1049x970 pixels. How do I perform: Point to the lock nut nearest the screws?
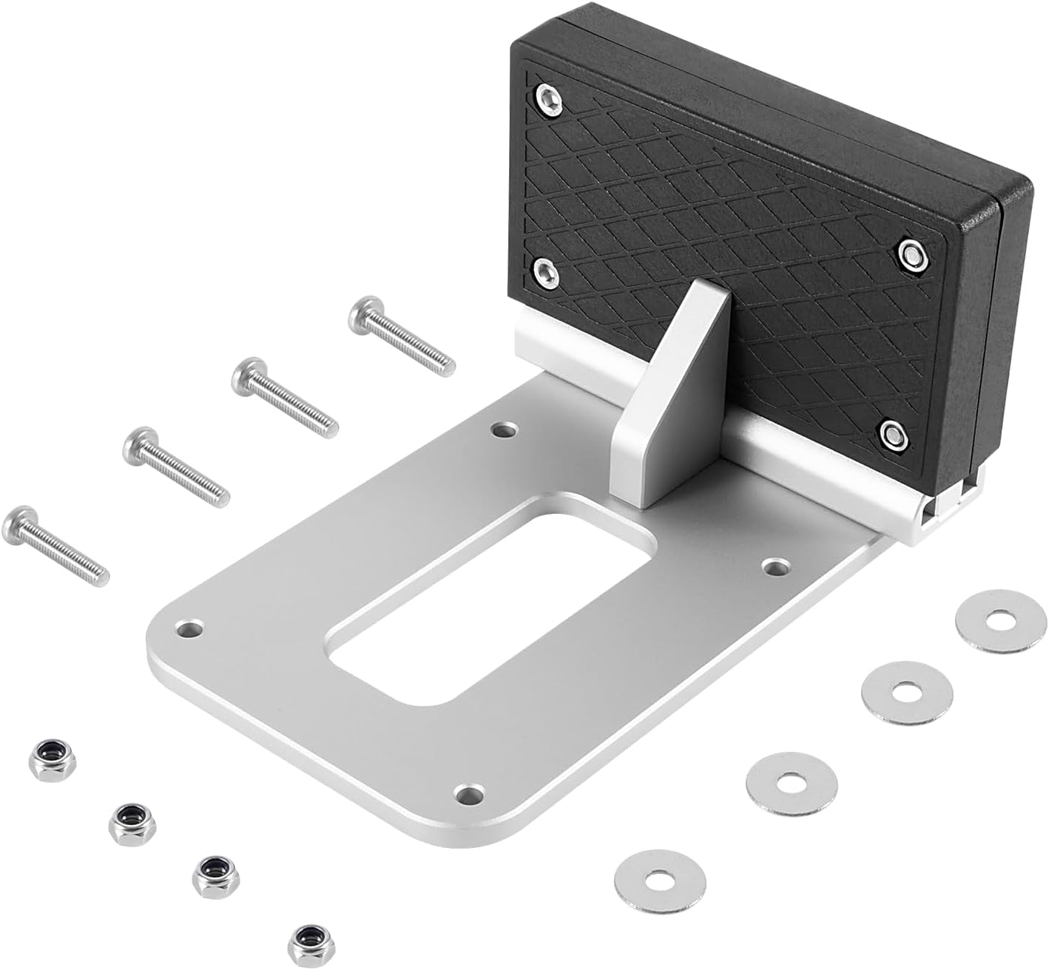pos(43,755)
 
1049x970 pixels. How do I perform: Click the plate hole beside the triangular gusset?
pos(505,430)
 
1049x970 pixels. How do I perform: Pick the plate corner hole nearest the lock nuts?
pos(465,796)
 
